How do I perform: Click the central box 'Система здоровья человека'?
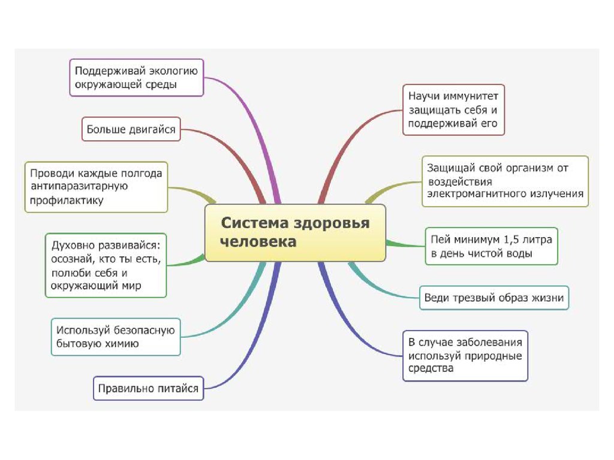point(295,233)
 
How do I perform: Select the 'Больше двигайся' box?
point(131,129)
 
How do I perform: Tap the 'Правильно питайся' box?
point(149,388)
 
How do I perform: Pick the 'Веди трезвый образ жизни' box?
point(494,298)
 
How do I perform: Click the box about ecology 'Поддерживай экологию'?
point(137,77)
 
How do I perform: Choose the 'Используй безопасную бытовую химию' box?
point(116,337)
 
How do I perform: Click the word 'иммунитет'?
point(474,96)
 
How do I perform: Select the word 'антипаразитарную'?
point(79,186)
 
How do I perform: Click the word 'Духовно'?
point(73,245)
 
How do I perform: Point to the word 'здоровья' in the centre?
point(331,223)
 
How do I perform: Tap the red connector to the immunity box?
point(348,145)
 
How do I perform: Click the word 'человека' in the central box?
point(258,242)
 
